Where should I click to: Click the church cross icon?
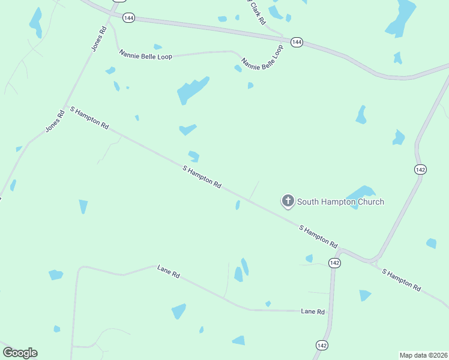click(288, 201)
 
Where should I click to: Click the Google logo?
click(20, 353)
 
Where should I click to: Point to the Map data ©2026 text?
click(423, 355)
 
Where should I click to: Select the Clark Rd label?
click(256, 12)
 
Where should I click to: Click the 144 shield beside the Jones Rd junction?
click(128, 18)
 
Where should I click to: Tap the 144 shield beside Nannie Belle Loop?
click(297, 42)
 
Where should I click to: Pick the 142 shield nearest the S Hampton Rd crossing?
click(334, 263)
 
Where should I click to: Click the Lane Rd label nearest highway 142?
click(313, 311)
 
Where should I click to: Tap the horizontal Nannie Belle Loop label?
click(146, 56)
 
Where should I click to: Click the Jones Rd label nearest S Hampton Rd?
click(55, 121)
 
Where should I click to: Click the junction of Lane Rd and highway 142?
click(331, 311)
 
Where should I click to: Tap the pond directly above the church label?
click(361, 193)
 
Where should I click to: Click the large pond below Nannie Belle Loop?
click(192, 89)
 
